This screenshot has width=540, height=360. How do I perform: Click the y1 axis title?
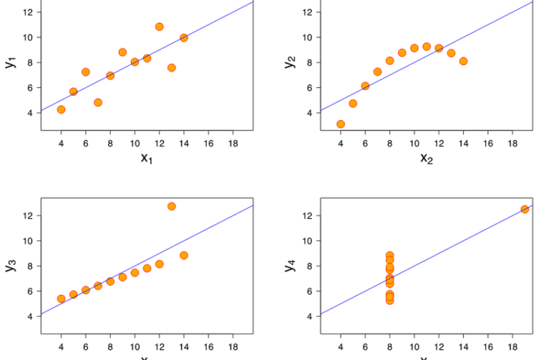pos(11,62)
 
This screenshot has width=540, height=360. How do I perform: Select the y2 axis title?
pos(290,62)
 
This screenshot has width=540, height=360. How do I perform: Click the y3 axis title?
pos(11,266)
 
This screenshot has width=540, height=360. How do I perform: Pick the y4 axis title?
pos(290,266)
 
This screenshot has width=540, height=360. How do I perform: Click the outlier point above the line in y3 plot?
pos(171,206)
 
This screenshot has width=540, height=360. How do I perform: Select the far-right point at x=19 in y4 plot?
pos(525,209)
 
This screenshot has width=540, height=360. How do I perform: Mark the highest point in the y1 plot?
pos(159,27)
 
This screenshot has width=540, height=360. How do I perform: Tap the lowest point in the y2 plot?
pos(341,124)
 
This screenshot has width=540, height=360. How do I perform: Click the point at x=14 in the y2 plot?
pos(463,61)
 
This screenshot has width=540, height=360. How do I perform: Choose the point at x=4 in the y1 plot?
pos(61,109)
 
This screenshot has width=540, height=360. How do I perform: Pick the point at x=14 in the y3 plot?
pos(184,255)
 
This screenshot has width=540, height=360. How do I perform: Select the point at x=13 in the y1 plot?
pos(171,68)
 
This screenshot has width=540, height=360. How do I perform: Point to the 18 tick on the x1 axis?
pos(233,143)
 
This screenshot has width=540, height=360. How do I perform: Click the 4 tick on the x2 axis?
pos(341,143)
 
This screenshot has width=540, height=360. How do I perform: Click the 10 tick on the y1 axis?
pos(27,37)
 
